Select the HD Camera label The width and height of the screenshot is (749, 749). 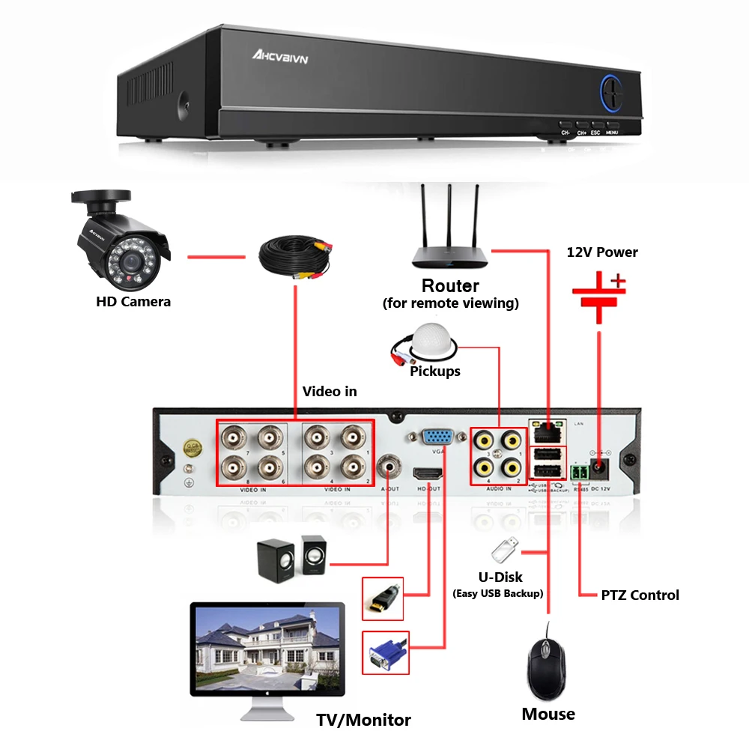click(x=133, y=302)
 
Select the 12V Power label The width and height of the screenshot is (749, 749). click(x=602, y=252)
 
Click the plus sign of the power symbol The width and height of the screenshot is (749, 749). click(x=618, y=282)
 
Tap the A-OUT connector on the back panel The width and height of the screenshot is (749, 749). click(x=388, y=468)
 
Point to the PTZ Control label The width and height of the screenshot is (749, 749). click(x=640, y=595)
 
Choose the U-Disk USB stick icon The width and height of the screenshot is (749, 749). click(x=503, y=551)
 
